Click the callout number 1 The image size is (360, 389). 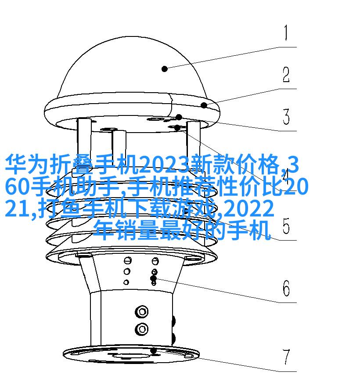pos(286,32)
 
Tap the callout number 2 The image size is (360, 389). pos(286,75)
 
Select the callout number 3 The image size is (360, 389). pos(286,116)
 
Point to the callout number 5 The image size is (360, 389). pos(286,226)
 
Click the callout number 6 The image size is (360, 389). pos(286,288)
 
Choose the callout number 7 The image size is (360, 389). pos(286,357)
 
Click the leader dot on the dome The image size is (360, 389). pos(165,69)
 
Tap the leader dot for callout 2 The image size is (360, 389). pos(204,105)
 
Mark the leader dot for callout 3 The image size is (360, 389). pos(179,117)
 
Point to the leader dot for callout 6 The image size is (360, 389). pos(153,278)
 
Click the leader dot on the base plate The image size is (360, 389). pos(154,351)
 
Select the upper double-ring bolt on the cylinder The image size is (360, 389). pos(142,312)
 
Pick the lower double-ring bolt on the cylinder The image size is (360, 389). pos(142,329)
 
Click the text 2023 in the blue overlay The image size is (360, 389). pos(164,164)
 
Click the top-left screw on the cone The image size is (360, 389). pos(128,260)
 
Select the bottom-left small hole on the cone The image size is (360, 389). pos(126,282)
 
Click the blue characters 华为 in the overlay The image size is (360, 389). pos(26,164)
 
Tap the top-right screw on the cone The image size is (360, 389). pos(155,261)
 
